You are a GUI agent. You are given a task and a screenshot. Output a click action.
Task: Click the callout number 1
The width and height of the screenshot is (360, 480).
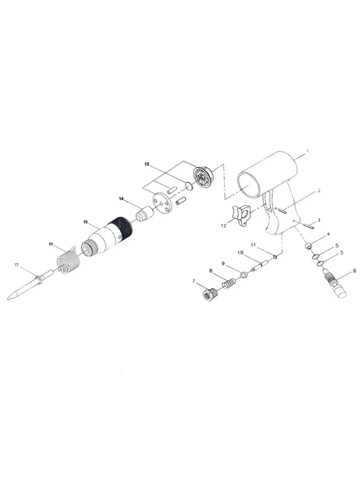[308, 151]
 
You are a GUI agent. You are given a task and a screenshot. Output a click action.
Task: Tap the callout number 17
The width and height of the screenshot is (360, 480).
[17, 265]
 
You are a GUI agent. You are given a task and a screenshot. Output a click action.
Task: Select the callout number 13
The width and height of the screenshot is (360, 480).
[147, 165]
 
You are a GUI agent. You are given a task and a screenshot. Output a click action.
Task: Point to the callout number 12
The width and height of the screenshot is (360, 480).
[223, 225]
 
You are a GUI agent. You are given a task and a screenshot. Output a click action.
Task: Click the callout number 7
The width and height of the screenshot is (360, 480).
[193, 280]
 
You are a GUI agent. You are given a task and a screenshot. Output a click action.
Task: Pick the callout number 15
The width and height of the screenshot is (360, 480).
[86, 221]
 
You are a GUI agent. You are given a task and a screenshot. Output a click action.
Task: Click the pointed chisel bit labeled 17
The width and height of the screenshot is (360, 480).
[29, 285]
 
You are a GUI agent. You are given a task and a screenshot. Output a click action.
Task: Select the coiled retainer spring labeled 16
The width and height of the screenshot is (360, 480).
[69, 260]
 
